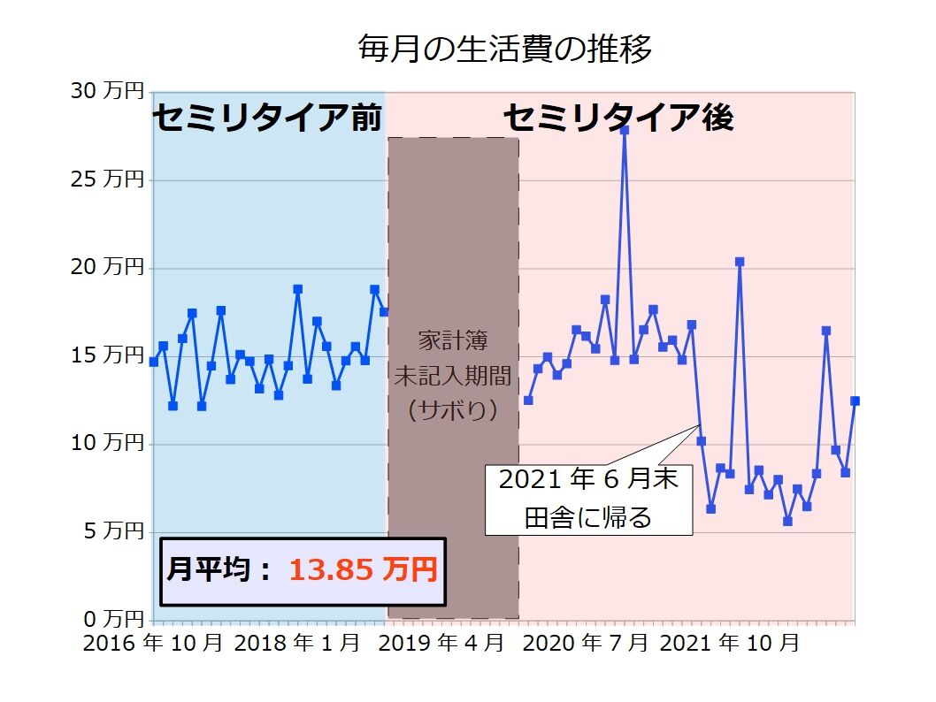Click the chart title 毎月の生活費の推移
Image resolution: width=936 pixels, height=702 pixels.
click(504, 49)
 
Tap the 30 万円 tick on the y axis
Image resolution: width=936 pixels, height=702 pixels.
click(106, 90)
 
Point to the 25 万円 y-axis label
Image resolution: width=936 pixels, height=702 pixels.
click(106, 179)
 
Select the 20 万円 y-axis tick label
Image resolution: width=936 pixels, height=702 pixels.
click(106, 266)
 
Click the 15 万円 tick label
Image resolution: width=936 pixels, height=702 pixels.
click(106, 355)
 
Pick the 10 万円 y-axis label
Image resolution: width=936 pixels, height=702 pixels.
click(106, 442)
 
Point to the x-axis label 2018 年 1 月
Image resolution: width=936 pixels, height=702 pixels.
click(297, 643)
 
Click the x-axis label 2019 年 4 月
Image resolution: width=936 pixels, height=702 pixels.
click(441, 643)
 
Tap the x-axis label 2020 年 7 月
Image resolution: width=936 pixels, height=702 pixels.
click(586, 643)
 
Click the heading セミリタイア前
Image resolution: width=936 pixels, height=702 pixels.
click(267, 118)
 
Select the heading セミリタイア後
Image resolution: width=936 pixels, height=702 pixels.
click(618, 118)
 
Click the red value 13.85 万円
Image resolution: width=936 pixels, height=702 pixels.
click(364, 569)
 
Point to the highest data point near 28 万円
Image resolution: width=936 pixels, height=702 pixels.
click(624, 130)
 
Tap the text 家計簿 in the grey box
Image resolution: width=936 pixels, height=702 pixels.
click(452, 340)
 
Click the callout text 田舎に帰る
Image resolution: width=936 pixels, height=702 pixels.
click(587, 516)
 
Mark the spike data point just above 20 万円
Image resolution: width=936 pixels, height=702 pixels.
click(740, 262)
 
